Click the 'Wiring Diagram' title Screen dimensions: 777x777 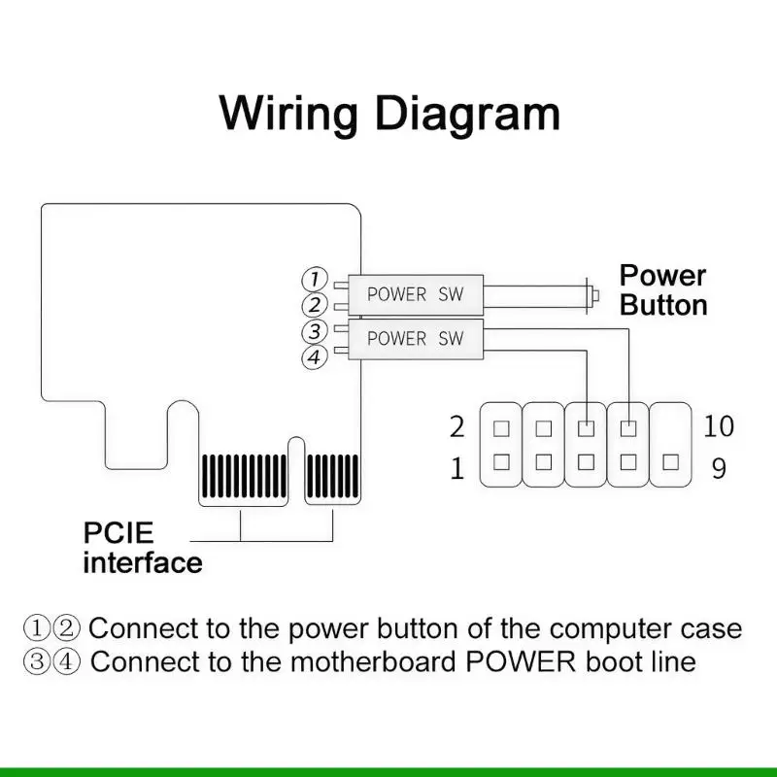[389, 115]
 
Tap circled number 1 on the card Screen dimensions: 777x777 [315, 279]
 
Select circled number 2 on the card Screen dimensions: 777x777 [315, 304]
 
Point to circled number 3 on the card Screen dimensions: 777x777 [315, 330]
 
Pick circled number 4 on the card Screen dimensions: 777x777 [315, 356]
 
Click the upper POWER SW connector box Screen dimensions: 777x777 [416, 294]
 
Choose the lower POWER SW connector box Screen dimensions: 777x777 [416, 339]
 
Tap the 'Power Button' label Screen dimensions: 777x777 [663, 290]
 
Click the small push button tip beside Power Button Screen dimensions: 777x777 [595, 295]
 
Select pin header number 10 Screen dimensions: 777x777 [719, 425]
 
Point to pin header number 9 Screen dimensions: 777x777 [719, 468]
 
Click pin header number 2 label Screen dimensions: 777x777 [456, 426]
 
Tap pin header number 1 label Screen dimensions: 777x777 [456, 468]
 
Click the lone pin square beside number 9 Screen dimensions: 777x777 [670, 462]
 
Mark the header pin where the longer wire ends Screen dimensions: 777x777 [628, 428]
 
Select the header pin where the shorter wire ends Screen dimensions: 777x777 [587, 428]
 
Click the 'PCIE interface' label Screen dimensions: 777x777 [143, 548]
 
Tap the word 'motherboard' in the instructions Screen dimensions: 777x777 [372, 661]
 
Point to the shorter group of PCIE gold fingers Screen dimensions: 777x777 [332, 476]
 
